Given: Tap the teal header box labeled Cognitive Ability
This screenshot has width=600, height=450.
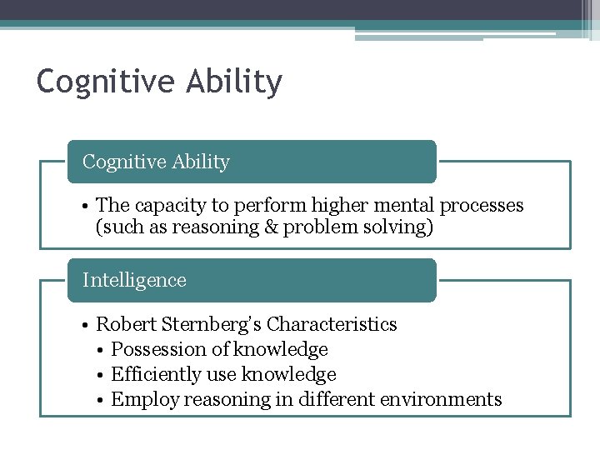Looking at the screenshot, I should coord(251,162).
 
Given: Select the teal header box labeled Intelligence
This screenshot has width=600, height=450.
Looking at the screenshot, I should coord(251,280).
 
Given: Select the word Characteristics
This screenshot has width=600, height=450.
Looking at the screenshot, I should coord(332,324).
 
